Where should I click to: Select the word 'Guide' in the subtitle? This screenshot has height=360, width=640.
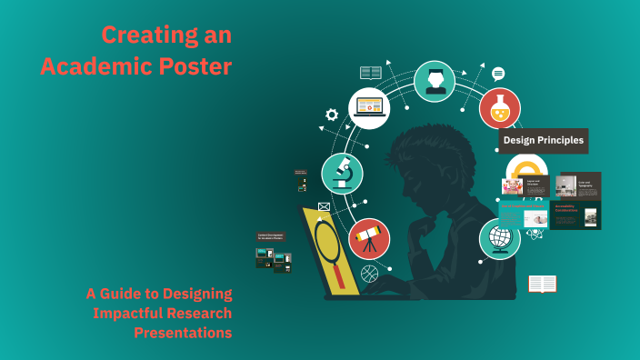coord(134,294)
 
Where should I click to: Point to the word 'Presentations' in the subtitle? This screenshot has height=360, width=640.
coord(183,333)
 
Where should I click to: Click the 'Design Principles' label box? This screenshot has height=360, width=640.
coord(543,141)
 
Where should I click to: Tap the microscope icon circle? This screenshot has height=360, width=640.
coord(342,174)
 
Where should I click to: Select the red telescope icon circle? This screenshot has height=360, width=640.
coord(369,239)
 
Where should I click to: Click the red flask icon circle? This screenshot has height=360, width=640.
coord(500,108)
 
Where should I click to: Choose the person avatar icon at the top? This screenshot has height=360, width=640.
coord(435,81)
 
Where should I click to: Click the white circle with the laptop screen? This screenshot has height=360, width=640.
coord(370,107)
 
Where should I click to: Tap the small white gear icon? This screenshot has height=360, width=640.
coord(332,115)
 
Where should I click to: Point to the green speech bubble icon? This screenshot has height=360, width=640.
coord(498,74)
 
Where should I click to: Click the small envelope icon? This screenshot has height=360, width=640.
coord(324,207)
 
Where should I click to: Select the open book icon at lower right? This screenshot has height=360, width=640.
coord(542,285)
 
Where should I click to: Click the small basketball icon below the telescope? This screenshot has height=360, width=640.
coord(369,273)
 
